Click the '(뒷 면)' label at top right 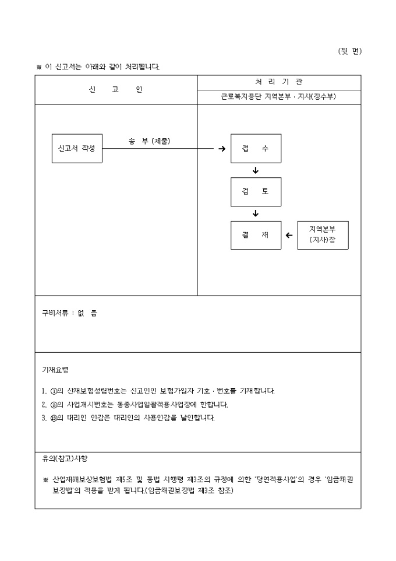pos(349,51)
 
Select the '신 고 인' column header pos(115,90)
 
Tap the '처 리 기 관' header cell pos(279,82)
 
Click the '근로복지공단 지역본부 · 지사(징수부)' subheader pos(279,97)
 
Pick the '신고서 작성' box pos(77,148)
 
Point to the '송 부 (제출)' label pos(153,141)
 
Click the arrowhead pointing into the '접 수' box pos(222,149)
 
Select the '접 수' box pos(256,148)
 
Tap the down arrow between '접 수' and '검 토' pos(256,170)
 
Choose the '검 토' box pos(256,192)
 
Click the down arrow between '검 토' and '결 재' pos(256,214)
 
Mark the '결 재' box pos(256,236)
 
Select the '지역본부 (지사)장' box pos(323,235)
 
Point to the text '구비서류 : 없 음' pos(69,313)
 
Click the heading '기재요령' pos(55,370)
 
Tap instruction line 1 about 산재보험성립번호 pos(158,391)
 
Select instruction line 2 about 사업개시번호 pos(135,404)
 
